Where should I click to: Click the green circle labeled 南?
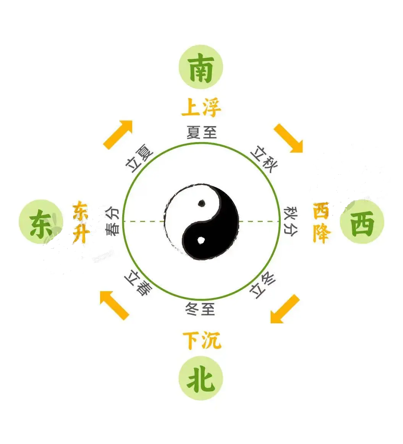pos(201,67)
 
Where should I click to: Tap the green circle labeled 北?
pos(201,378)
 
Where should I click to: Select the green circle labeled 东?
pos(41,222)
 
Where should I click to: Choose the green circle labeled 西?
pos(362,222)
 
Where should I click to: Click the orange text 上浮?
pos(201,108)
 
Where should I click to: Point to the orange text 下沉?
pos(202,341)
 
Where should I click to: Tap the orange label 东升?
pos(81,222)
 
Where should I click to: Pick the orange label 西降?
pos(322,222)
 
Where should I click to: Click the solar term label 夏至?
pos(202,133)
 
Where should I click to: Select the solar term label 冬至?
pos(201,309)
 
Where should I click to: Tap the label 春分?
pos(112,221)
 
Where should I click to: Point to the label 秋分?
pos(291,222)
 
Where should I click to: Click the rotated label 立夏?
pos(139,158)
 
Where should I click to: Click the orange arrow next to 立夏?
pos(118,134)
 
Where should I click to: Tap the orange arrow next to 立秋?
pos(288,138)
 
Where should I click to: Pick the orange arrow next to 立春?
pos(114,306)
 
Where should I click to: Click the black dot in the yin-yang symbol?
pos(202,203)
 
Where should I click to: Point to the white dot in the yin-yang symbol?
pos(201,240)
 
